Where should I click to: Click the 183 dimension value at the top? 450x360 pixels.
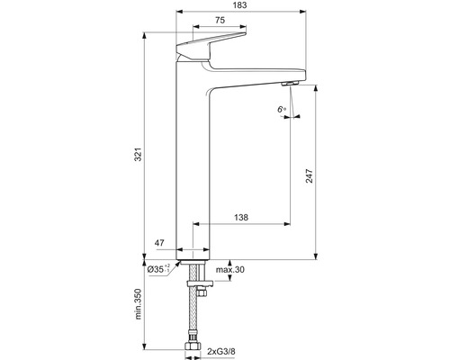coord(239,5)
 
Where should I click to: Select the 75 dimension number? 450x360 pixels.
coord(220,20)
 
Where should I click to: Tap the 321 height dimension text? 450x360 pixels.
coord(138,154)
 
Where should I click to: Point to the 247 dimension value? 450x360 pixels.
coord(309,176)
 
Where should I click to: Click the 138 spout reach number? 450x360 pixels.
coord(241,217)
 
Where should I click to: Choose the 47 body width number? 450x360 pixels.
coord(159,243)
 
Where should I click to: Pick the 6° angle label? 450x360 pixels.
coord(282,109)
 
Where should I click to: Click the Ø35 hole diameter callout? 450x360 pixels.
coord(158,269)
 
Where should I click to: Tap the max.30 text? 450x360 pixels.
coord(230,270)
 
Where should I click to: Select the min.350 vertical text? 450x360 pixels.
coord(138,304)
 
